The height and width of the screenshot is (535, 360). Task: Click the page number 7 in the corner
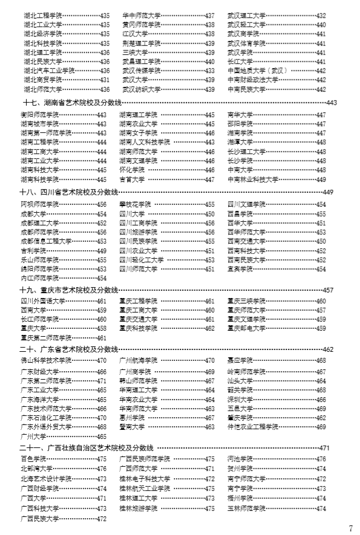click(x=350, y=527)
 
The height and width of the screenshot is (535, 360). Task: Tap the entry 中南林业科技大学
click(x=253, y=180)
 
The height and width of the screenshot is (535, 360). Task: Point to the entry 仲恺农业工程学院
click(x=253, y=427)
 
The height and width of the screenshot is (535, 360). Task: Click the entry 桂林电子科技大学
click(x=144, y=479)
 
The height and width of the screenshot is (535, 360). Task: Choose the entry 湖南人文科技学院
click(x=144, y=142)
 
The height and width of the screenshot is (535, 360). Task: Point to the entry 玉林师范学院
click(x=246, y=508)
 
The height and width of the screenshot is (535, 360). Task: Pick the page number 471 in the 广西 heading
click(x=324, y=447)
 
